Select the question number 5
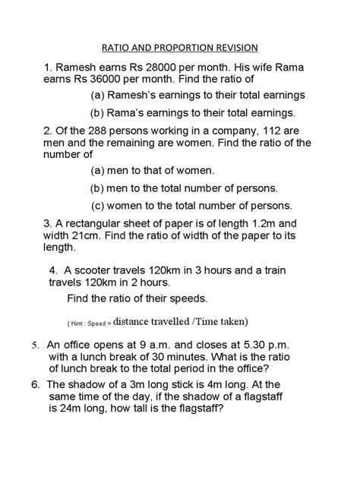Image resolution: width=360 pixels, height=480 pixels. tap(35, 344)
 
